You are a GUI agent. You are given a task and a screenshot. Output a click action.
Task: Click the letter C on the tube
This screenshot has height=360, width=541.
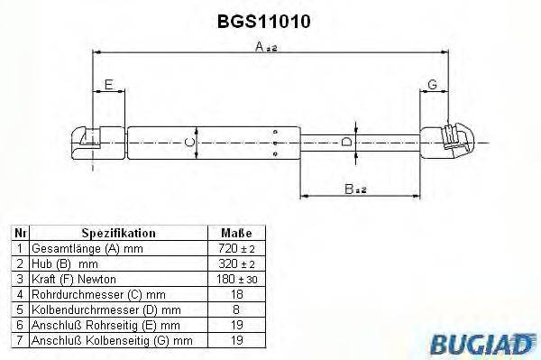188,142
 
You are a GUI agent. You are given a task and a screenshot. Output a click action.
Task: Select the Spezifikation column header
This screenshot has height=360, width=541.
119,233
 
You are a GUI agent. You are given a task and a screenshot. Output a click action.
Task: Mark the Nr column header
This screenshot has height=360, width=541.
18,233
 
